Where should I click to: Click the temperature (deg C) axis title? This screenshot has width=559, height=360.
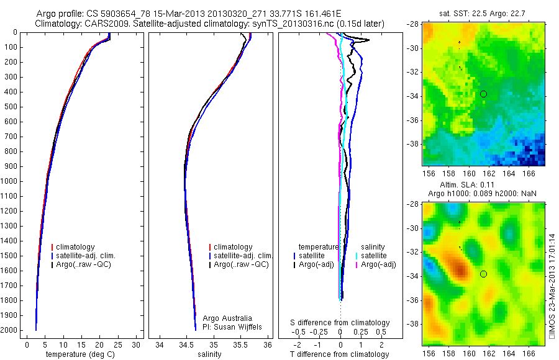(x=81, y=354)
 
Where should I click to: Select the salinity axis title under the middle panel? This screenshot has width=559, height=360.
(x=209, y=354)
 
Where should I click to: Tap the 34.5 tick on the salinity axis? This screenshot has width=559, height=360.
(x=186, y=344)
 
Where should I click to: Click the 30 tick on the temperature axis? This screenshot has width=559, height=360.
(x=136, y=344)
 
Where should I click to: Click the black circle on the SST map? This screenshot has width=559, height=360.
(x=483, y=94)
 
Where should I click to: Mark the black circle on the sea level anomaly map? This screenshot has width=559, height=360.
(x=483, y=274)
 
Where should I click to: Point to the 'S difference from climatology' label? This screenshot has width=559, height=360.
(x=340, y=323)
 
